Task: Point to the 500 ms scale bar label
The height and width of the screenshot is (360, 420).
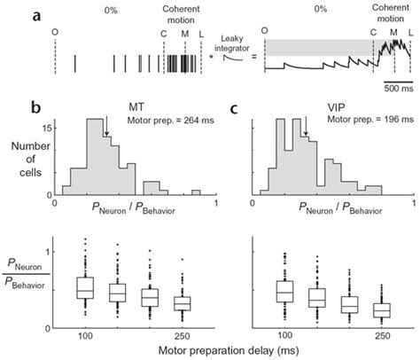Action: (x=395, y=90)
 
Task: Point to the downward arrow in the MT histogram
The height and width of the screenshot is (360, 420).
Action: (x=106, y=132)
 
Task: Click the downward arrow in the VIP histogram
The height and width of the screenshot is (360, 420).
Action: (x=306, y=132)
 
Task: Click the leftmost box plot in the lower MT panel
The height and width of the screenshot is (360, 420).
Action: (x=85, y=288)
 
